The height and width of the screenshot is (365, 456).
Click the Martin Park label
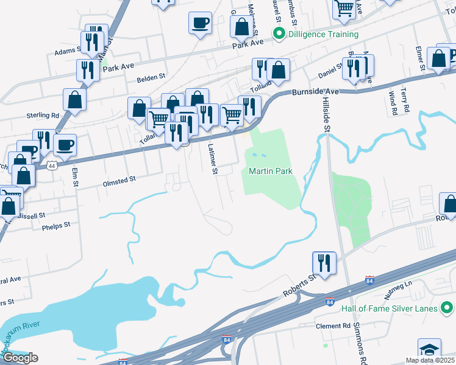271,171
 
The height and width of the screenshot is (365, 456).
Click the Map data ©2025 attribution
429,360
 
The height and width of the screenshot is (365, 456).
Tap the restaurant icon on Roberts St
324,263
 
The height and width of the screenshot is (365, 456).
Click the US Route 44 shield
52,165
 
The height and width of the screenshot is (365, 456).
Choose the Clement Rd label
333,326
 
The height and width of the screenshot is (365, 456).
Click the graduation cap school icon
429,350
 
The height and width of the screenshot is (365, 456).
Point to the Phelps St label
57,224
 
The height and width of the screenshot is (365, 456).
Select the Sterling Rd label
42,114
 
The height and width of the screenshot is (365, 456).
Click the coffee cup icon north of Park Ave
200,23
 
